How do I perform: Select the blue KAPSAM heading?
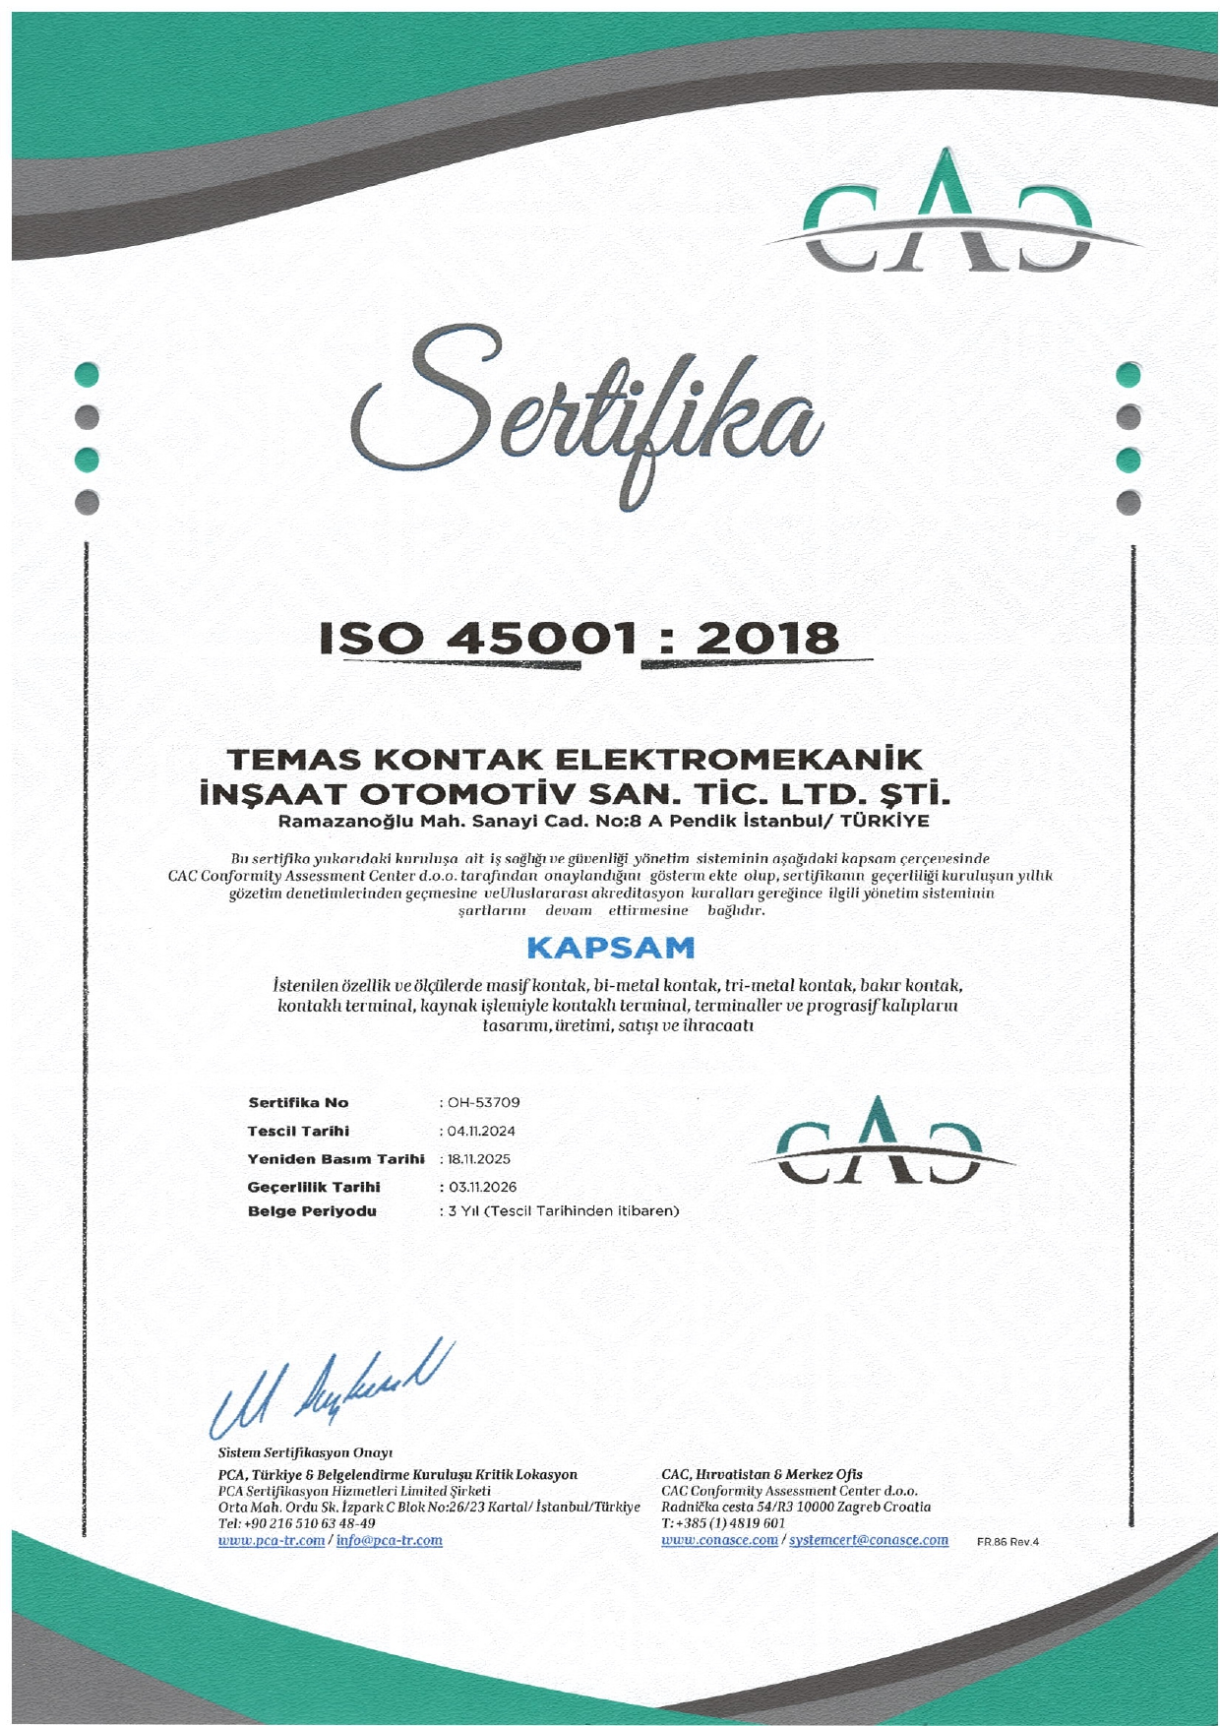pyautogui.click(x=610, y=949)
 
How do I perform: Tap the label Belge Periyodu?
pyautogui.click(x=312, y=1211)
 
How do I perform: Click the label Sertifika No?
pyautogui.click(x=298, y=1103)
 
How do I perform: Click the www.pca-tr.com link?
pyautogui.click(x=272, y=1540)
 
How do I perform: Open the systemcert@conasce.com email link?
pyautogui.click(x=869, y=1540)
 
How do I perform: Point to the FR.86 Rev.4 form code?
pyautogui.click(x=1007, y=1542)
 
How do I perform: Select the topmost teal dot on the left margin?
pyautogui.click(x=89, y=375)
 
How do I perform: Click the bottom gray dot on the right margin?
pyautogui.click(x=1129, y=502)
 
